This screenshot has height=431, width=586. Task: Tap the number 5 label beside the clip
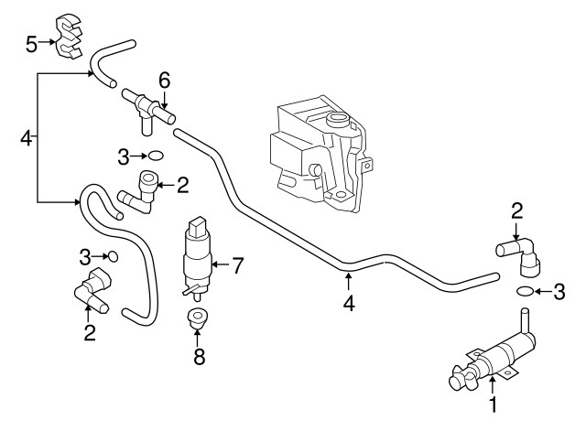tap(31, 42)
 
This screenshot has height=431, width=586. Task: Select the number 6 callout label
tap(164, 80)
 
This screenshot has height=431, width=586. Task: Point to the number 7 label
tap(237, 266)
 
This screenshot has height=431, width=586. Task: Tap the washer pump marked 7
tap(196, 256)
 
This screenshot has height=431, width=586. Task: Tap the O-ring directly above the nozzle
tap(525, 292)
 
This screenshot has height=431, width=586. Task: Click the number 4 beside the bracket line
tap(25, 139)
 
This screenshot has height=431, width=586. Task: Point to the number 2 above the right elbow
tap(516, 211)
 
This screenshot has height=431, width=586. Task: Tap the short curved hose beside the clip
tap(114, 59)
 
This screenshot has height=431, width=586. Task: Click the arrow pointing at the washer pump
tap(218, 266)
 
